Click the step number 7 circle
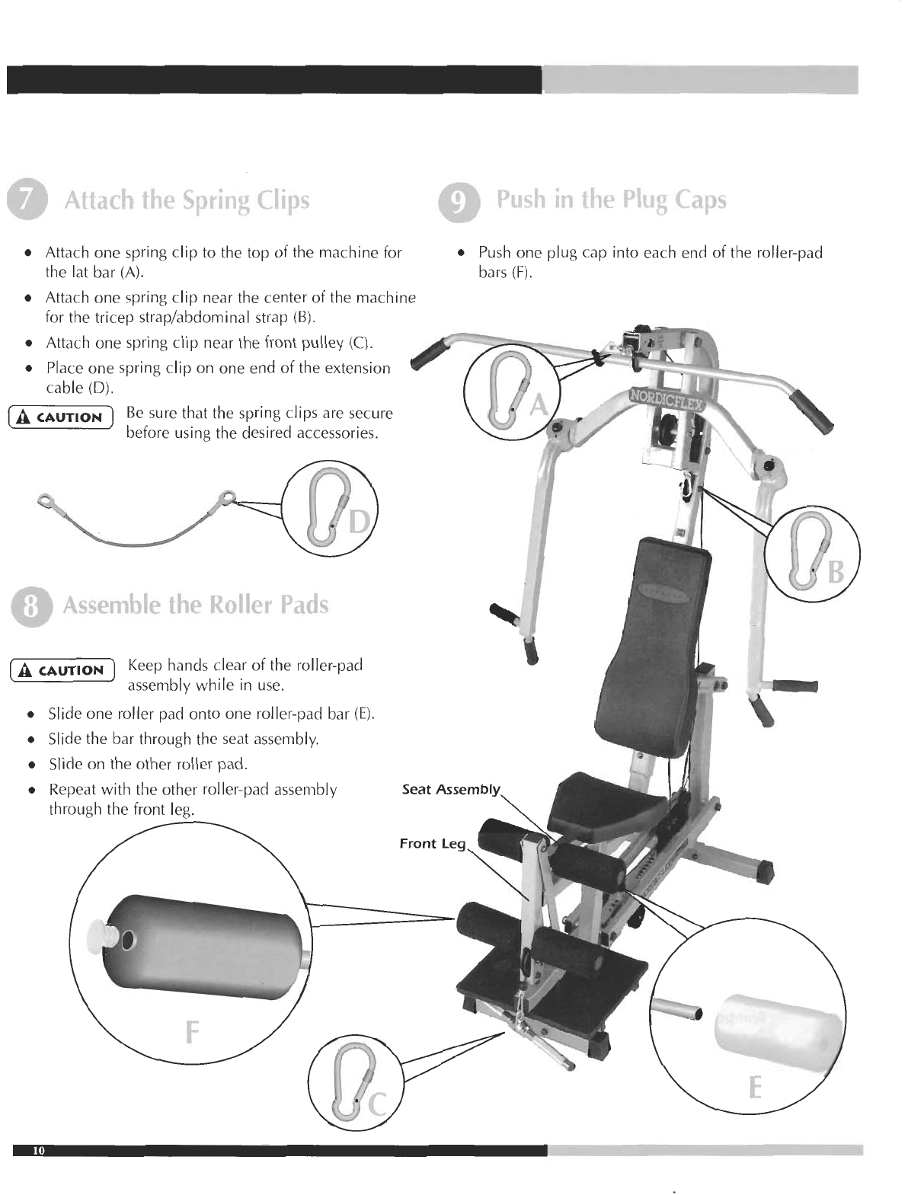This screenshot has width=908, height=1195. pos(27,200)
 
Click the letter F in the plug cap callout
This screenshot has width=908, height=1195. pos(192,1033)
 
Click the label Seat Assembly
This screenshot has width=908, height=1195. pos(450,789)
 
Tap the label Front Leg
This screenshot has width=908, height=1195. pos(431,843)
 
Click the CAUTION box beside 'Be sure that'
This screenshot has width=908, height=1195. pos(59,417)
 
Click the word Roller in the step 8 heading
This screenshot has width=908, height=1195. pos(242,605)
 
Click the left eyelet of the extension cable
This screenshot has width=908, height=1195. pos(45,500)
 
